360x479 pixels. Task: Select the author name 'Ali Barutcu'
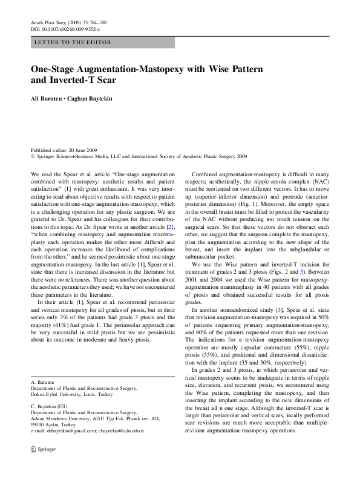(x=45, y=98)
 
